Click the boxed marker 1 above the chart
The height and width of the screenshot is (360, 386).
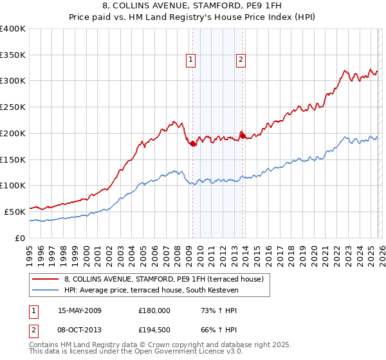[192, 60]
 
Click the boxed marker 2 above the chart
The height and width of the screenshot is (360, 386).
[241, 60]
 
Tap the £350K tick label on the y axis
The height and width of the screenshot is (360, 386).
[13, 55]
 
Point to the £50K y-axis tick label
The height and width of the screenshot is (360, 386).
[15, 212]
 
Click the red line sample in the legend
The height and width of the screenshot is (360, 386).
[46, 279]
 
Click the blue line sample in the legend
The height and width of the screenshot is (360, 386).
[46, 291]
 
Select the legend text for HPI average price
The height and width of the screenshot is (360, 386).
[151, 291]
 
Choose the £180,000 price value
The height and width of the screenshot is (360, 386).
[154, 310]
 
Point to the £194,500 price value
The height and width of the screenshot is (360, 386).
[154, 330]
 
